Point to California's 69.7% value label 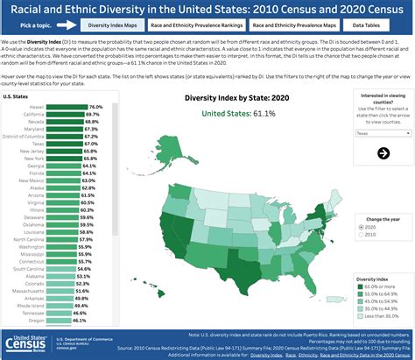(x=92, y=115)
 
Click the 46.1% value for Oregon (x=78, y=321)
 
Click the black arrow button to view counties (x=383, y=153)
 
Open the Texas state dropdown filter (x=383, y=134)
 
